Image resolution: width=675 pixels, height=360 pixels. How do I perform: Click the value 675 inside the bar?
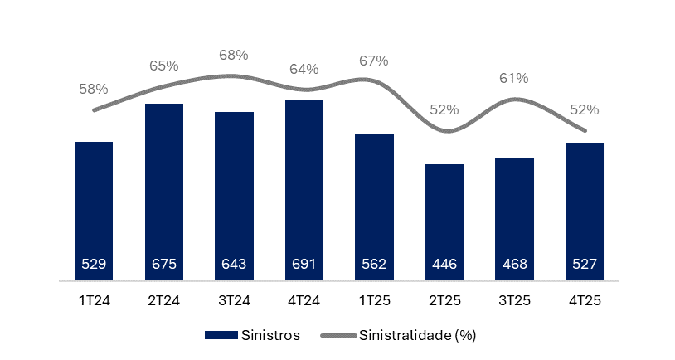163,265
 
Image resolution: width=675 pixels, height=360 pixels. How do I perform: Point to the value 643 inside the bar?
234,265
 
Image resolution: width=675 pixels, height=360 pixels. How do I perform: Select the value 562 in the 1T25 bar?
374,265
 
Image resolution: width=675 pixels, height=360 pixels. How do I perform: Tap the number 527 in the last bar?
584,265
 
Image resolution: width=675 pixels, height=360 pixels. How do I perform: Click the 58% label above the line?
94,88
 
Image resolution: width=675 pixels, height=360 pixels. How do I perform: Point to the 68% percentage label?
234,55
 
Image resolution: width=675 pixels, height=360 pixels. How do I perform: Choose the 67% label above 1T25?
374,61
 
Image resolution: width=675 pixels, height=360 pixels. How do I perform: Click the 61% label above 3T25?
514,78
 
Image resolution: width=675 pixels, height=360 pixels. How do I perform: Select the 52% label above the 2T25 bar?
444,109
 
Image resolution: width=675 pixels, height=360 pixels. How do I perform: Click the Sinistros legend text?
270,335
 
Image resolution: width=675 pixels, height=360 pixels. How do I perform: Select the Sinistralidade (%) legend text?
418,335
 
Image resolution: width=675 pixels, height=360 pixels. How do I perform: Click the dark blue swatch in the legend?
221,335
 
